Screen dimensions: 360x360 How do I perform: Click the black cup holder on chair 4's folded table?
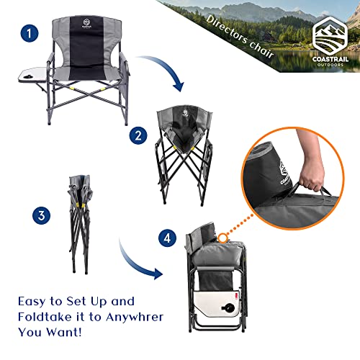(x=229, y=330)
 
